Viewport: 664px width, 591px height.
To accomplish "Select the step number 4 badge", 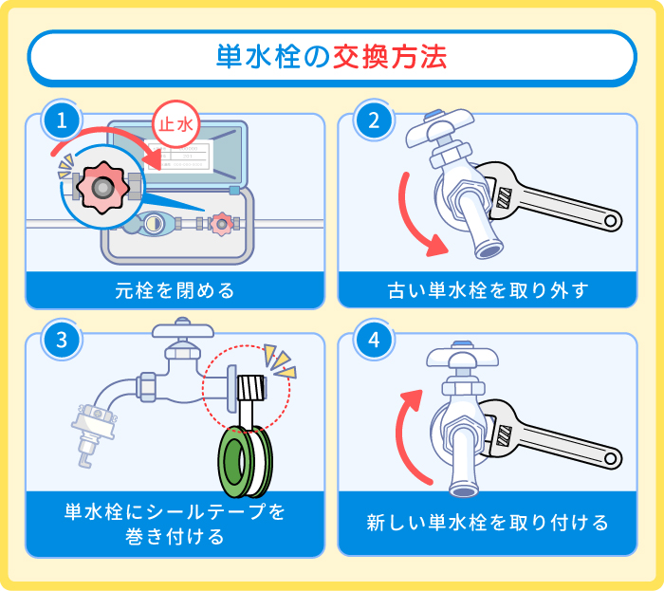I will (x=373, y=341).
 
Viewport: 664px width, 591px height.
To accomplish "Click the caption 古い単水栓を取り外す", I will (x=488, y=290).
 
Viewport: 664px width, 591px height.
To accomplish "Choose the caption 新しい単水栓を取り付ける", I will (x=488, y=523).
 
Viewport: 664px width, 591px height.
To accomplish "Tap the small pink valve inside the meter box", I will (x=221, y=224).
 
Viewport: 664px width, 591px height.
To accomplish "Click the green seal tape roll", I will (x=246, y=461).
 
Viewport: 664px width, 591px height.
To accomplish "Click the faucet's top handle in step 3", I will (x=180, y=334).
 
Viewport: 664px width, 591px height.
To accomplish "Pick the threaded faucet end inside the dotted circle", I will (x=250, y=387).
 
